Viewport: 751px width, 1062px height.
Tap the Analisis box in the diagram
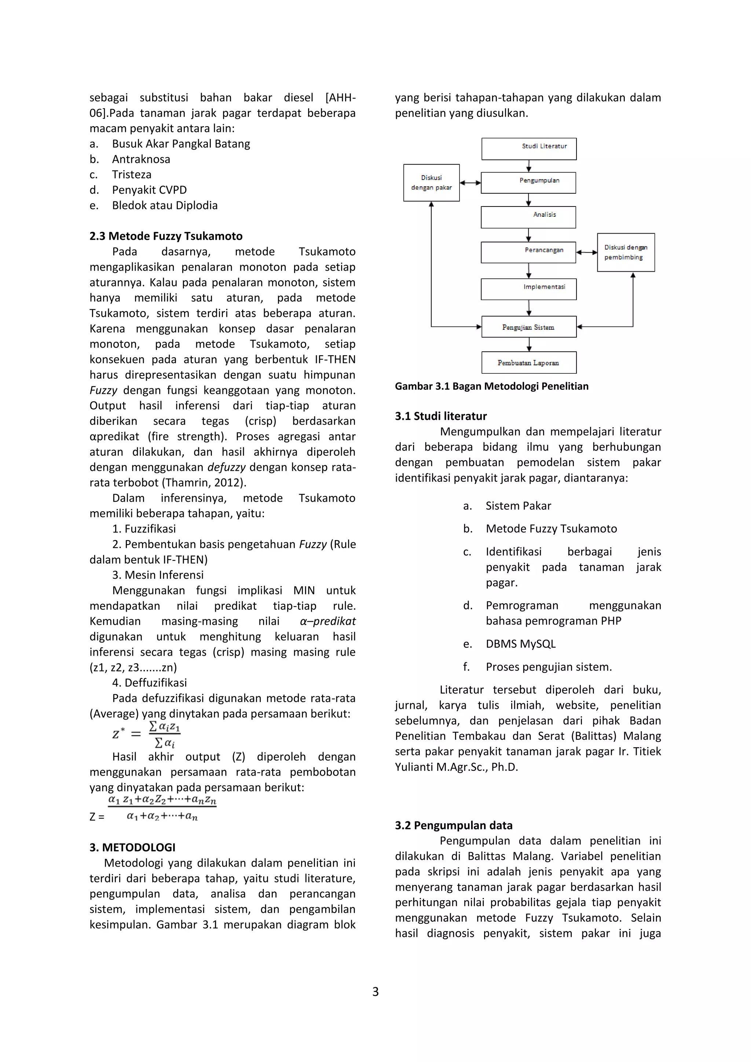(528, 217)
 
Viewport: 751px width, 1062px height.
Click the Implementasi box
(528, 289)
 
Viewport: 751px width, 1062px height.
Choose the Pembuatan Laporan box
(528, 362)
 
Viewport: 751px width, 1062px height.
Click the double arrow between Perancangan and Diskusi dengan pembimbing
(586, 253)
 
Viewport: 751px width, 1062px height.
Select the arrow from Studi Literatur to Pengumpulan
(528, 166)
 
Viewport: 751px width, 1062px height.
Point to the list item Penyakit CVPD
(149, 190)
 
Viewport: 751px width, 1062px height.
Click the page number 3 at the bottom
(375, 991)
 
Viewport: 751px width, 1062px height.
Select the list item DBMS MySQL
(520, 644)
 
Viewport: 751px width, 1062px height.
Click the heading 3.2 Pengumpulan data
(453, 825)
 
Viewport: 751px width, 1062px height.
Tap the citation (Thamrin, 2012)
(204, 483)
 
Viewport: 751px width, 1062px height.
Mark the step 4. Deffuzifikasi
(149, 683)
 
